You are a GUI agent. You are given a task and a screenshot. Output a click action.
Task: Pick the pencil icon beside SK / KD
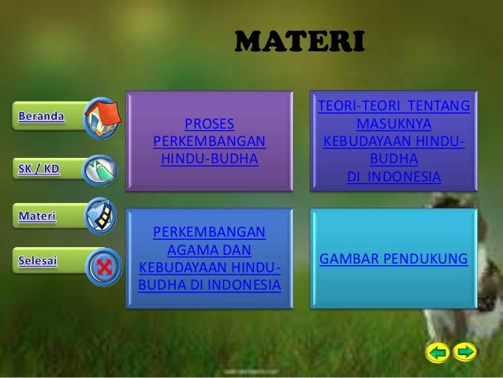[99, 169]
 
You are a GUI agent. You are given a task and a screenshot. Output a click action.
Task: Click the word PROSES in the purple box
[209, 124]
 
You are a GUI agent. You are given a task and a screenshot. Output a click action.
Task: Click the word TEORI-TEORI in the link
[356, 107]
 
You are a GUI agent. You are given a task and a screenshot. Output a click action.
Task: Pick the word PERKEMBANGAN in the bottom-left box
[209, 233]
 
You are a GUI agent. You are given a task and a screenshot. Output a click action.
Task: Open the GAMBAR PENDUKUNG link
[393, 259]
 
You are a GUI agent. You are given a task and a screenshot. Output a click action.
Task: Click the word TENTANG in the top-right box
[439, 107]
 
